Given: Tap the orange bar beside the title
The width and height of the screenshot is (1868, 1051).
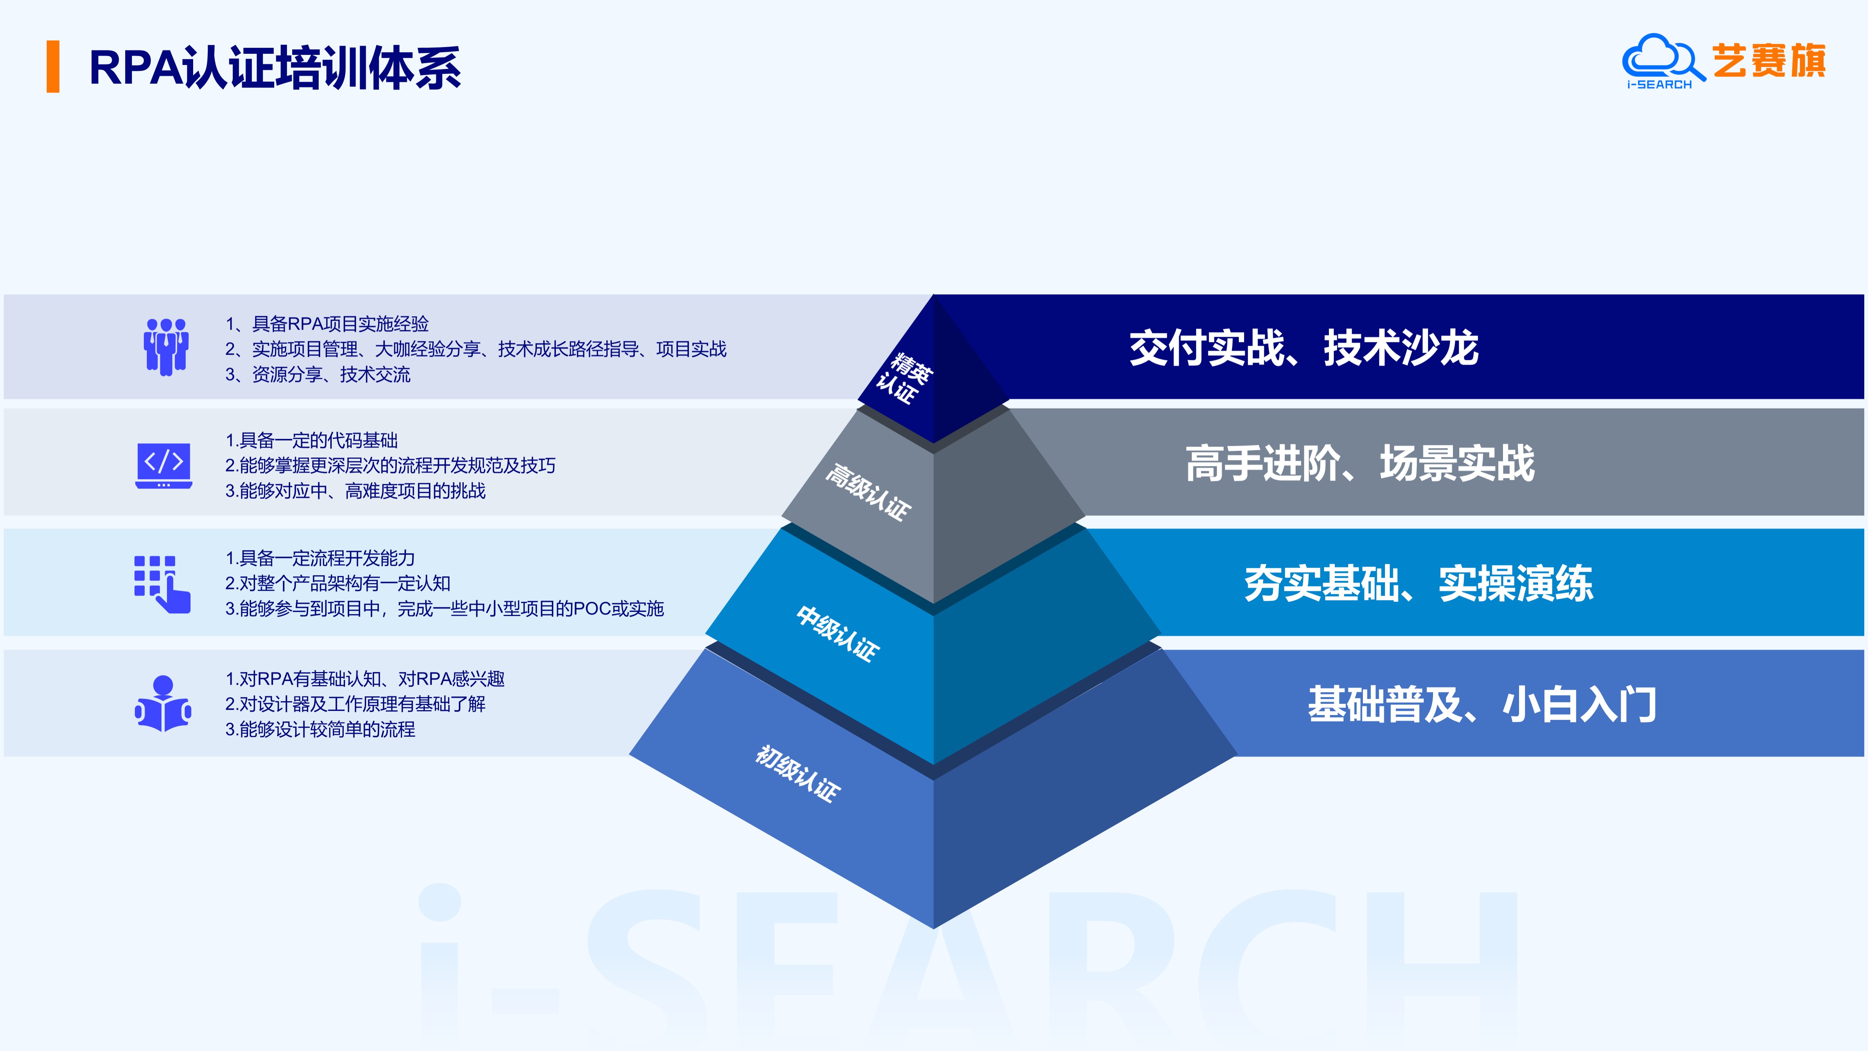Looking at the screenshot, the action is pyautogui.click(x=53, y=67).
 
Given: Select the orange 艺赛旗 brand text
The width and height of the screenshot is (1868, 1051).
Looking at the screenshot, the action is pyautogui.click(x=1769, y=60).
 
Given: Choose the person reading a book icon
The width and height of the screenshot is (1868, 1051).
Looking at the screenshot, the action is pyautogui.click(x=163, y=703).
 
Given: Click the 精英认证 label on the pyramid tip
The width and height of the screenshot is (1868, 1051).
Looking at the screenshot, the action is pyautogui.click(x=904, y=377).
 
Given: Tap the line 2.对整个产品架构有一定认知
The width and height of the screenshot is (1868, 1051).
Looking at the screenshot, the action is pyautogui.click(x=338, y=583).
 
